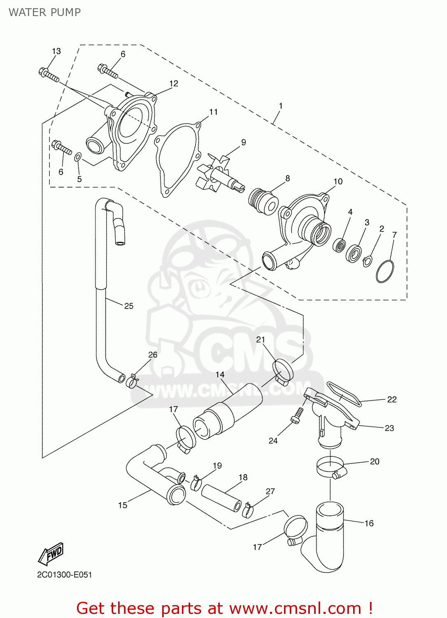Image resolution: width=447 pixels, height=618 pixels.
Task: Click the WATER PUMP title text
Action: [44, 12]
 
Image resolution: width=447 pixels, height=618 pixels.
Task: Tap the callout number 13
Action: [56, 51]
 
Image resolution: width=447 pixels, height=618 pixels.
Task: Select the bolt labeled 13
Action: [49, 75]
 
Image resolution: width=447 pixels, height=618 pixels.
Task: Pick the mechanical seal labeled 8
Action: [263, 201]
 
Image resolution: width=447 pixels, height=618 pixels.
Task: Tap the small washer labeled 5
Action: [78, 157]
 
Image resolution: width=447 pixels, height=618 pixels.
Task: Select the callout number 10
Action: [338, 181]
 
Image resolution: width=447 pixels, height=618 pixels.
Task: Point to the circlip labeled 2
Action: [367, 260]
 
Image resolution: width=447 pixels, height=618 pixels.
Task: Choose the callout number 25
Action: [129, 306]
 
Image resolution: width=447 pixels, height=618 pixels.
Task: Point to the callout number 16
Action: [369, 523]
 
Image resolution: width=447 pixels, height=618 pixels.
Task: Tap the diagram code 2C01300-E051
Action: [65, 575]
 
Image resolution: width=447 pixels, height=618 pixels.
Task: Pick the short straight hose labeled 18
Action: [221, 497]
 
